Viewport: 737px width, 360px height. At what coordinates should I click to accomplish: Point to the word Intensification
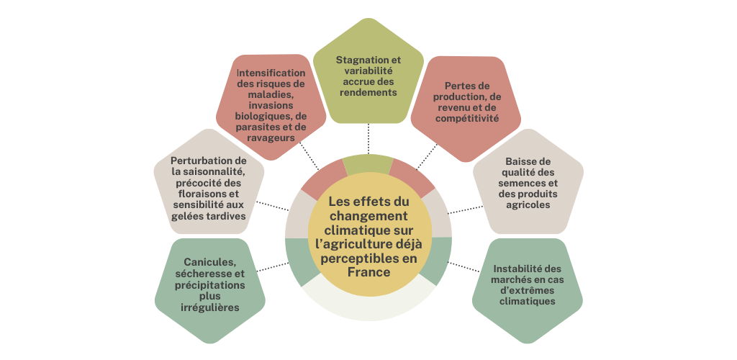coord(271,73)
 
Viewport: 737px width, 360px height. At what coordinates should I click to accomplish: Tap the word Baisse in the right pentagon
coord(517,161)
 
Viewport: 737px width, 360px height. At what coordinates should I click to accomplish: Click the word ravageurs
coord(271,138)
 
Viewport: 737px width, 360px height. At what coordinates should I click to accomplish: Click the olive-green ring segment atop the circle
coord(368,165)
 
